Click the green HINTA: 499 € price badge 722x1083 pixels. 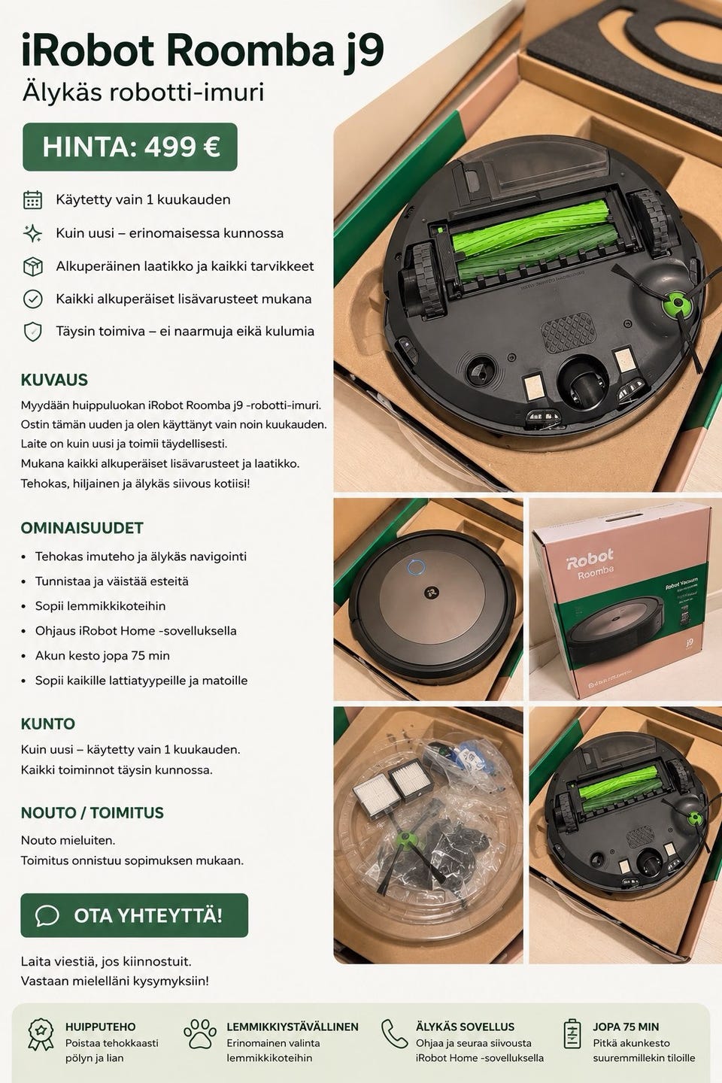130,147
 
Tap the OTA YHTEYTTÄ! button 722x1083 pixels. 134,915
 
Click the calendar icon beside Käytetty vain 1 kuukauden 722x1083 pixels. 33,200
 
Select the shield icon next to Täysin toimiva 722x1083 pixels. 33,332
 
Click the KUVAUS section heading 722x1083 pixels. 54,380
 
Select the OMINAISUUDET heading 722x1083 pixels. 82,527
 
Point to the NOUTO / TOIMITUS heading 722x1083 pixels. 92,813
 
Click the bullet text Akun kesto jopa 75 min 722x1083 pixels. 102,656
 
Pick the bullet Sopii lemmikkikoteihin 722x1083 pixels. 101,606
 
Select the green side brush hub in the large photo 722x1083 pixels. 678,304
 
